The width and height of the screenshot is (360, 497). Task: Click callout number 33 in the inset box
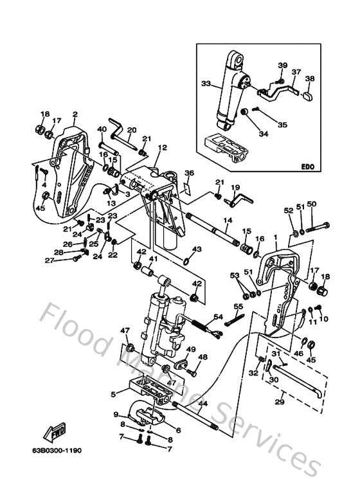tap(206, 83)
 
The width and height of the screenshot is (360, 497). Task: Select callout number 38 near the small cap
tap(310, 79)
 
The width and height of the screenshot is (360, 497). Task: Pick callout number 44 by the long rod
tap(203, 404)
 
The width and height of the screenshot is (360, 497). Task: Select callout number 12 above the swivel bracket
tap(162, 147)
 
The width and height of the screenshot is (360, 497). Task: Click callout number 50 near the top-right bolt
tap(311, 204)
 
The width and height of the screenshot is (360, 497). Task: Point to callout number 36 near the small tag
tap(189, 173)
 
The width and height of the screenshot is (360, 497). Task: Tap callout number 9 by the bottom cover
tap(116, 414)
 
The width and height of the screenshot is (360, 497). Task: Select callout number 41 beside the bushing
tap(152, 259)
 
